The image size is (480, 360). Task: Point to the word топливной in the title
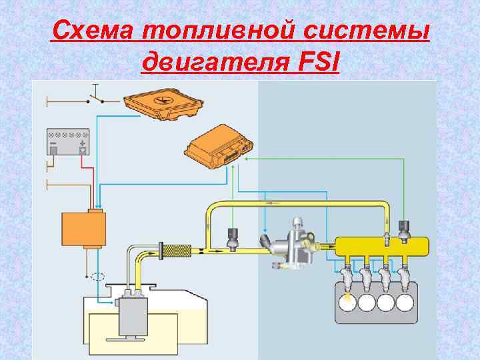pos(212,31)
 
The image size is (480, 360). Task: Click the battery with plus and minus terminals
pos(67,142)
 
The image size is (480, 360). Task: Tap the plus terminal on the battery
pos(83,143)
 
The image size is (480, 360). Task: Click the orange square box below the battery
pos(83,228)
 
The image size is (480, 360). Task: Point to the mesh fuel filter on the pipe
pos(177,251)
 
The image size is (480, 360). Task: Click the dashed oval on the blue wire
pos(98,277)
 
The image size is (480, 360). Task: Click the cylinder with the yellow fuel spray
pos(347,301)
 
